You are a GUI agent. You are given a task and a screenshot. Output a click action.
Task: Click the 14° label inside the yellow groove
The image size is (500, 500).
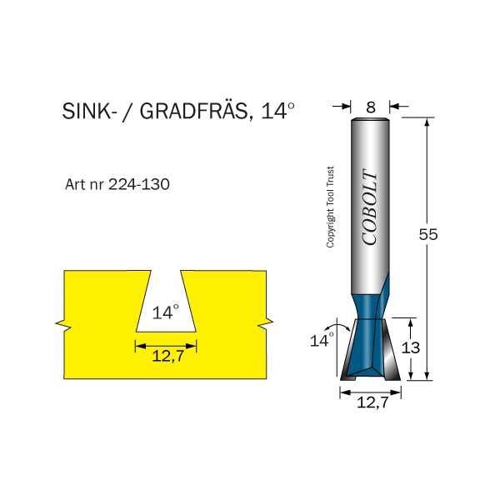click(x=166, y=312)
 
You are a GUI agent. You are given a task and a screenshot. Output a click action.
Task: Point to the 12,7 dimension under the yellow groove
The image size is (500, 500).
click(x=167, y=357)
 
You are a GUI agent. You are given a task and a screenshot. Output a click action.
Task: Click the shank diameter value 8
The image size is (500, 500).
click(x=371, y=107)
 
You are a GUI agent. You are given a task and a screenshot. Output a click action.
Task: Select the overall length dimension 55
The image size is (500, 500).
click(x=427, y=235)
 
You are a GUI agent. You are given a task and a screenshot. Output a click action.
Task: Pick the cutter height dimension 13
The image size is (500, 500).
click(x=411, y=347)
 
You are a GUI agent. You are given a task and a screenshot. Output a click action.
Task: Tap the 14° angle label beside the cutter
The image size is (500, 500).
click(x=321, y=340)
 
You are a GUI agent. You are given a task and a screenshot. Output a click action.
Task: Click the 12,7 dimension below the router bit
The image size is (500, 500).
click(x=372, y=402)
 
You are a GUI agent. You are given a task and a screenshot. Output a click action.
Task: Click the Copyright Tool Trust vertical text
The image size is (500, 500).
click(x=330, y=207)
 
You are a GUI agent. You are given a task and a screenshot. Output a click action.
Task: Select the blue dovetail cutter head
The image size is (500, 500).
click(x=370, y=342)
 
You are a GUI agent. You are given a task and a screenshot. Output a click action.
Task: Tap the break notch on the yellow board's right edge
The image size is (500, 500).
click(x=268, y=322)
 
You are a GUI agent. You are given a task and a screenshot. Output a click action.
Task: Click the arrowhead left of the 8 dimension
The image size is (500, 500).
click(x=347, y=107)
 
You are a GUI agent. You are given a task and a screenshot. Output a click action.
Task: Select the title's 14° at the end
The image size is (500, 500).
click(x=278, y=112)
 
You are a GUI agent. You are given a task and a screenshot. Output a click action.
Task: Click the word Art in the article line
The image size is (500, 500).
click(x=76, y=184)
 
